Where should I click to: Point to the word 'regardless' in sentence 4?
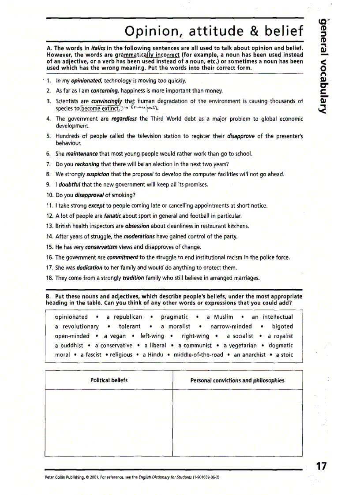click(x=125, y=119)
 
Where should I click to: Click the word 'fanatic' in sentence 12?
click(x=113, y=216)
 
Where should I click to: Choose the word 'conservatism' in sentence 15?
click(x=102, y=247)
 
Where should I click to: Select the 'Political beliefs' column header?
click(x=109, y=380)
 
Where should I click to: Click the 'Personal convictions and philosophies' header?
click(x=237, y=380)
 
